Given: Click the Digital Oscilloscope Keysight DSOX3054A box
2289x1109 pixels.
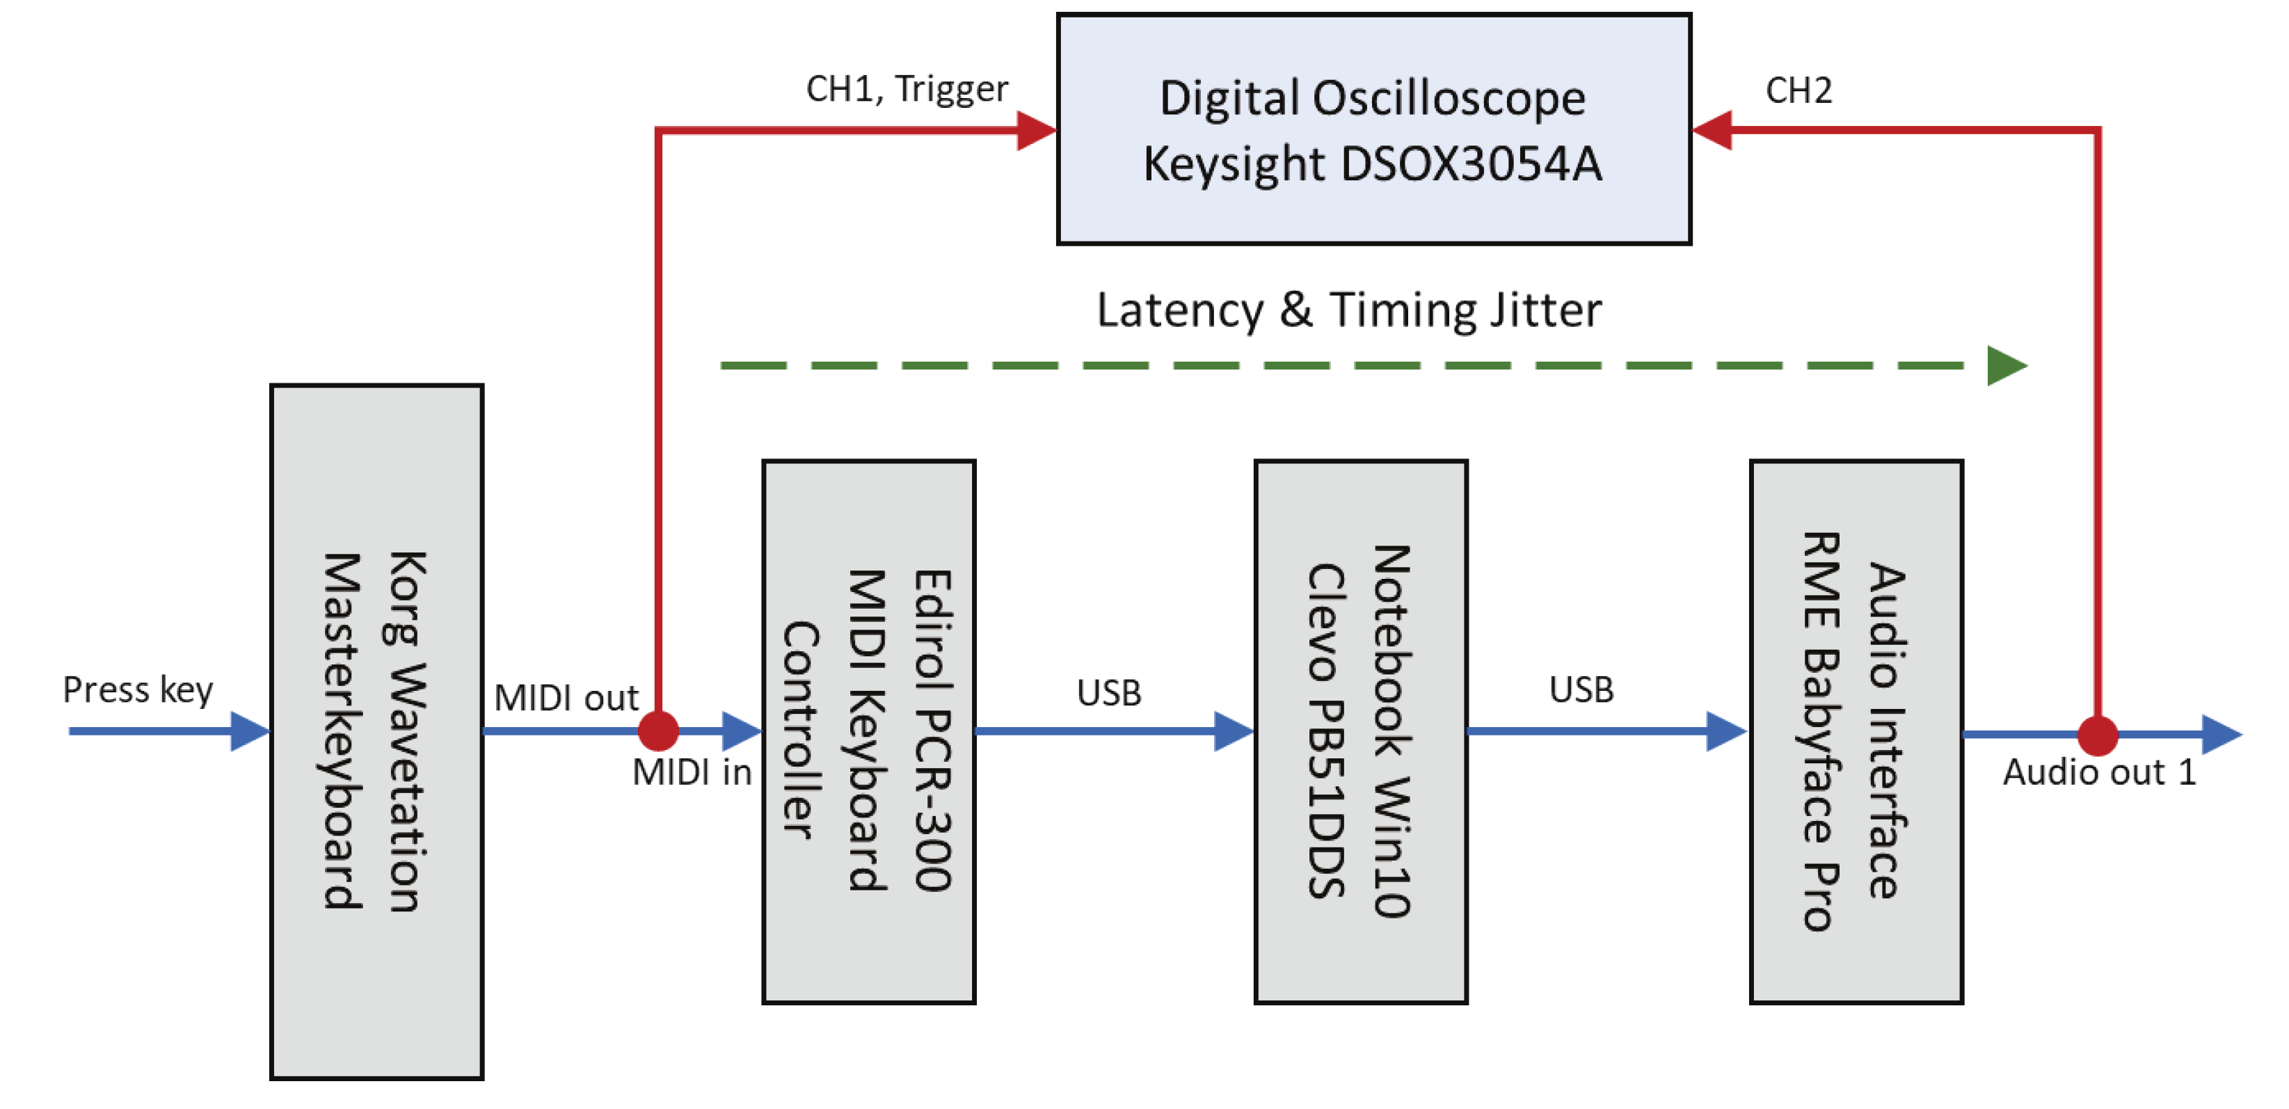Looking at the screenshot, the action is [x=1374, y=129].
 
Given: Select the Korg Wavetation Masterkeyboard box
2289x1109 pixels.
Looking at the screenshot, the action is [x=377, y=731].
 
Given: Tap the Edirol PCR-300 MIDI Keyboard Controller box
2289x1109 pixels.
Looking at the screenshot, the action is [x=869, y=731].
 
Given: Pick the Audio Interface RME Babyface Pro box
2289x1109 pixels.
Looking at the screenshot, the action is [x=1856, y=731].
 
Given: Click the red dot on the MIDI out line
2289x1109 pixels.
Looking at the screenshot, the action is [x=658, y=731].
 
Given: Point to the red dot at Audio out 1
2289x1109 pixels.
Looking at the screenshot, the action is [x=2098, y=735].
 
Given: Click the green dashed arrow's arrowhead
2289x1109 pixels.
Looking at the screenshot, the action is [x=2007, y=365].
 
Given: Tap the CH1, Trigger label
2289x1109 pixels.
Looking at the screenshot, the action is [x=907, y=90].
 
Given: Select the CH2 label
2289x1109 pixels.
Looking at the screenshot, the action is [x=1798, y=90].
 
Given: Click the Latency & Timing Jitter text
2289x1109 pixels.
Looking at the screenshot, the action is [x=1349, y=311].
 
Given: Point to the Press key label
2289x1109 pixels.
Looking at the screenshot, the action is [x=138, y=690].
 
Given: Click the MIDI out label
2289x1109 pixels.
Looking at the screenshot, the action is [x=566, y=699].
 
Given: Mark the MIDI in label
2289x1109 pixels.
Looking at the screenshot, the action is [x=692, y=772].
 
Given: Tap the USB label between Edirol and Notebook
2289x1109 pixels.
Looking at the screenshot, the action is [x=1109, y=693].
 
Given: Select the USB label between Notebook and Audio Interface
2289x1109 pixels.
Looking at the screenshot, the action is [x=1581, y=690].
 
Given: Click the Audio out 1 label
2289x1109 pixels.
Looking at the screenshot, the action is [x=2099, y=772].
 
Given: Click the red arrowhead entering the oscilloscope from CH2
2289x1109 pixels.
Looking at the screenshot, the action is [x=1712, y=129].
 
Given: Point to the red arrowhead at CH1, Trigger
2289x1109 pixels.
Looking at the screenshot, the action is [x=1037, y=129].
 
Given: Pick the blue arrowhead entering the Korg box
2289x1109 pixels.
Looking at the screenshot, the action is [x=250, y=731].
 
